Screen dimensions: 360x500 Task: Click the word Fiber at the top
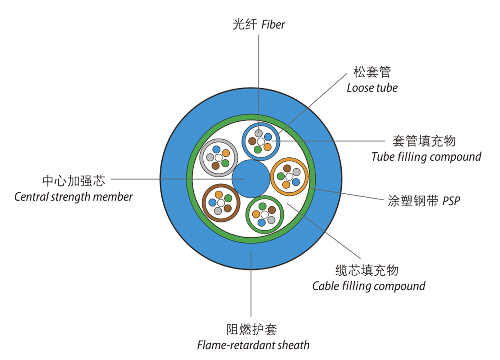273,24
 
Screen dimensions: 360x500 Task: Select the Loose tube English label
372,88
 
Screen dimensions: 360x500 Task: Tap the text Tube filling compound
426,157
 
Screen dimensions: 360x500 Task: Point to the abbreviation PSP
451,201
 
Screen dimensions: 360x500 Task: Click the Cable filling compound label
369,286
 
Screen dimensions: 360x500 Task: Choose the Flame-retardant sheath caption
253,345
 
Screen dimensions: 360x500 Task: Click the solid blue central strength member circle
251,179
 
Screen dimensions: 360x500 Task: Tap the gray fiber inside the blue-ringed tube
258,133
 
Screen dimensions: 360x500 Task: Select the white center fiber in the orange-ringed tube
289,176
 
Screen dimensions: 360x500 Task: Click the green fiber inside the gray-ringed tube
225,163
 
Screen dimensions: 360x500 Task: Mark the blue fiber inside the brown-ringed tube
212,203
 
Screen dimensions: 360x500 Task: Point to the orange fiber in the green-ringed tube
256,214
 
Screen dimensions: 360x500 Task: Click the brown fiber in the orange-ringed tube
287,168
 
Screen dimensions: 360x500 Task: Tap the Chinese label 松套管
372,72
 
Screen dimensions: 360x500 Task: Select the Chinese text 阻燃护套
252,329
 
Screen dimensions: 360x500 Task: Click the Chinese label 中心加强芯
74,181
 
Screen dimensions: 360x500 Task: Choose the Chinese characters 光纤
245,24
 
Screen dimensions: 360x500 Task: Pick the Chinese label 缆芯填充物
366,270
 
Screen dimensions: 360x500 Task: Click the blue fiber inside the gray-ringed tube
216,149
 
